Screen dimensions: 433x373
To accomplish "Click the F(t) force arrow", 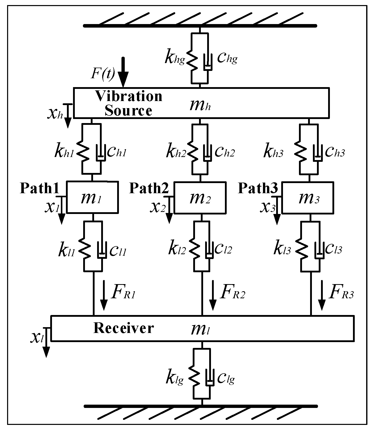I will (x=125, y=72).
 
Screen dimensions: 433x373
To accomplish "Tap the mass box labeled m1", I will (x=92, y=197).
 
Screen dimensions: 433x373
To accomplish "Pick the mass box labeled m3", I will (x=308, y=198).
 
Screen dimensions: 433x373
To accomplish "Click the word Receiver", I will (x=123, y=328).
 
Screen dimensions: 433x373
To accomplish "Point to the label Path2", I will (x=149, y=188).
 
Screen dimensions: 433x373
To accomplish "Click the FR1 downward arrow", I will (x=103, y=295).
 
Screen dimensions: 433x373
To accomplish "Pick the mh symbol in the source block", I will (x=200, y=106).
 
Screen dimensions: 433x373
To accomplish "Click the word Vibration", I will (x=129, y=96).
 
